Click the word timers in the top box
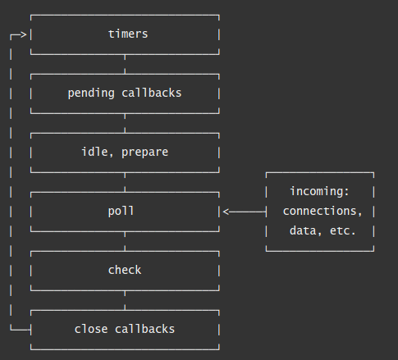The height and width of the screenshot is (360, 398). pyautogui.click(x=127, y=34)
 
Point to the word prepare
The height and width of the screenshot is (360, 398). pyautogui.click(x=144, y=152)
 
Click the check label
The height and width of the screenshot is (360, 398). pyautogui.click(x=124, y=270)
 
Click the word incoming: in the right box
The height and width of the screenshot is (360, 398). pyautogui.click(x=319, y=191)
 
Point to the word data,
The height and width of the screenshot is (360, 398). pyautogui.click(x=305, y=231)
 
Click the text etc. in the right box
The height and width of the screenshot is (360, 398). pyautogui.click(x=343, y=231)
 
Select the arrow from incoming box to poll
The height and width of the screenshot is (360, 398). pyautogui.click(x=244, y=212)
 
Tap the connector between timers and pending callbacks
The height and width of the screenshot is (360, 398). pyautogui.click(x=125, y=63)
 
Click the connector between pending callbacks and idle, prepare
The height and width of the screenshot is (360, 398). pyautogui.click(x=125, y=122)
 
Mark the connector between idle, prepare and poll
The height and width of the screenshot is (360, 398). pyautogui.click(x=125, y=181)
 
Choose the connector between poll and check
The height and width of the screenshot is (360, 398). pyautogui.click(x=125, y=240)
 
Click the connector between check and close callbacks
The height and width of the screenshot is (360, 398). pyautogui.click(x=125, y=299)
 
